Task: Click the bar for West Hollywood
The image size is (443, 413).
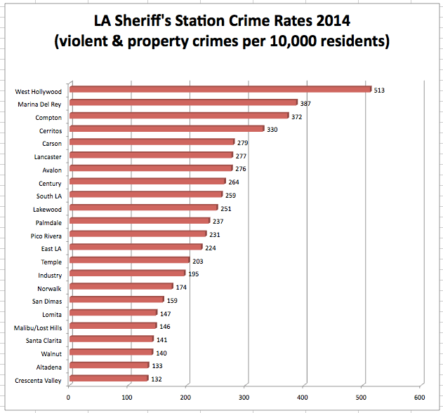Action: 220,89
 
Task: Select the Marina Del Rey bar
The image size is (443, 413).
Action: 184,102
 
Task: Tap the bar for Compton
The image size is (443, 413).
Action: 180,116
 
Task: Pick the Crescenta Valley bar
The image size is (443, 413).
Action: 110,379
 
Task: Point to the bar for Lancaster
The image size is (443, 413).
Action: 152,155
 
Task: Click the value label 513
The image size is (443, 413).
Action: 380,90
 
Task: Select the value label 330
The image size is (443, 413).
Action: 272,130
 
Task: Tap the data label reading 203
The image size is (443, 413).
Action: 198,262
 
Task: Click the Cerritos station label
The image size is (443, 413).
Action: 49,130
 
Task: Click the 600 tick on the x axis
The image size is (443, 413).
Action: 420,398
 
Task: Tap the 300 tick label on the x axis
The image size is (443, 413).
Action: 244,398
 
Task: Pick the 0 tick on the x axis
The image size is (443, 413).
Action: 69,398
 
